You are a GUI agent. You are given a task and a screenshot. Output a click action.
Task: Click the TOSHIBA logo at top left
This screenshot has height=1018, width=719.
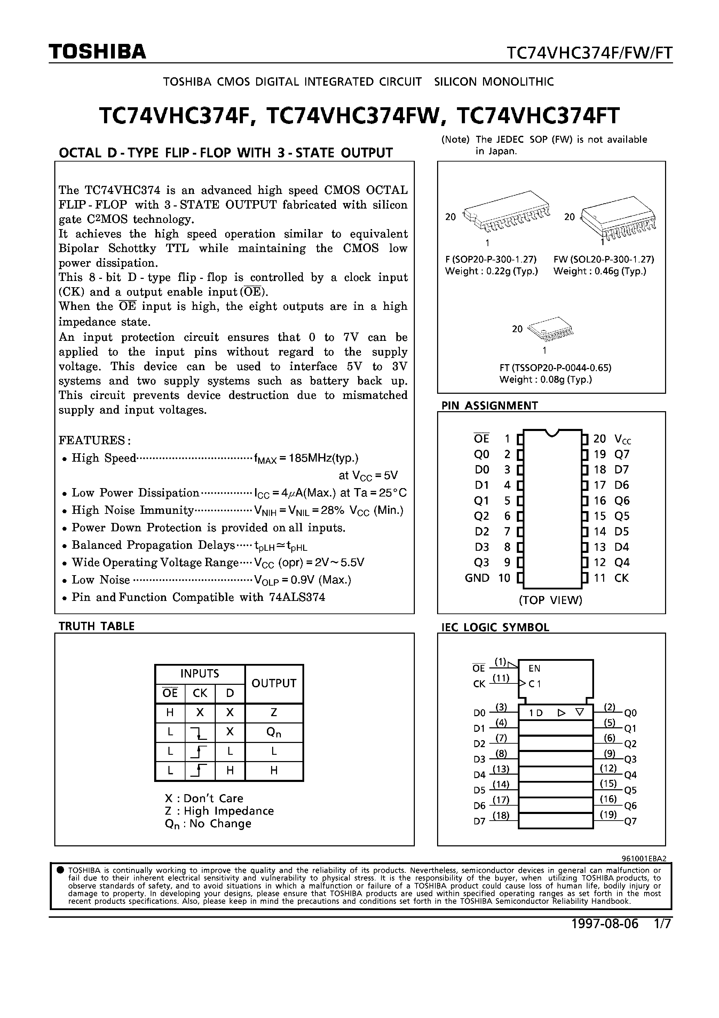[97, 52]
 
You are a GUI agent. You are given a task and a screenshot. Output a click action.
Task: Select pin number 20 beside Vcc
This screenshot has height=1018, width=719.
[599, 439]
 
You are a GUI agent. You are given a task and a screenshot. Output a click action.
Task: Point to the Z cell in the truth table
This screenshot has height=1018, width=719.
[274, 713]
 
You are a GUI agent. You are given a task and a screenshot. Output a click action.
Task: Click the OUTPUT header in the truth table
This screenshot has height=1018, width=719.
[274, 683]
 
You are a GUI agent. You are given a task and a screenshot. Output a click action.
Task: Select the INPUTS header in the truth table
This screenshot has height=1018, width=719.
[199, 673]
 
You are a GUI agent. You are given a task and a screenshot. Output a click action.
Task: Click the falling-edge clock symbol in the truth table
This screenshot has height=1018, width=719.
[200, 732]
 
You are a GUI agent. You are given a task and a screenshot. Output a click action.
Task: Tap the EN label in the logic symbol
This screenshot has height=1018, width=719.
[534, 668]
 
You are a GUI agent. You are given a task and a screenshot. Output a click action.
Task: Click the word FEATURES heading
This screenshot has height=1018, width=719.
[94, 440]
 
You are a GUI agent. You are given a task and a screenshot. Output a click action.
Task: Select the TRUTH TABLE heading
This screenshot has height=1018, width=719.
[97, 626]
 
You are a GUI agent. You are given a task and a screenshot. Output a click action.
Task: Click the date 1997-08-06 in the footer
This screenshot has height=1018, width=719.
[605, 924]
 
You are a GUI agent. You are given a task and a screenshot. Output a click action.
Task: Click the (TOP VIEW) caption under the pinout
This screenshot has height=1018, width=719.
[550, 600]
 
